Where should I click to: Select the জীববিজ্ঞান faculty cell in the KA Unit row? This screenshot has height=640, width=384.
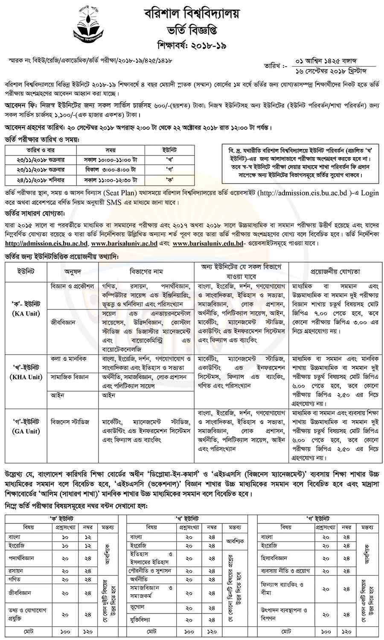63,323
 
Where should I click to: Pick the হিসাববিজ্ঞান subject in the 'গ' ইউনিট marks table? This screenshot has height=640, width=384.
275,558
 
